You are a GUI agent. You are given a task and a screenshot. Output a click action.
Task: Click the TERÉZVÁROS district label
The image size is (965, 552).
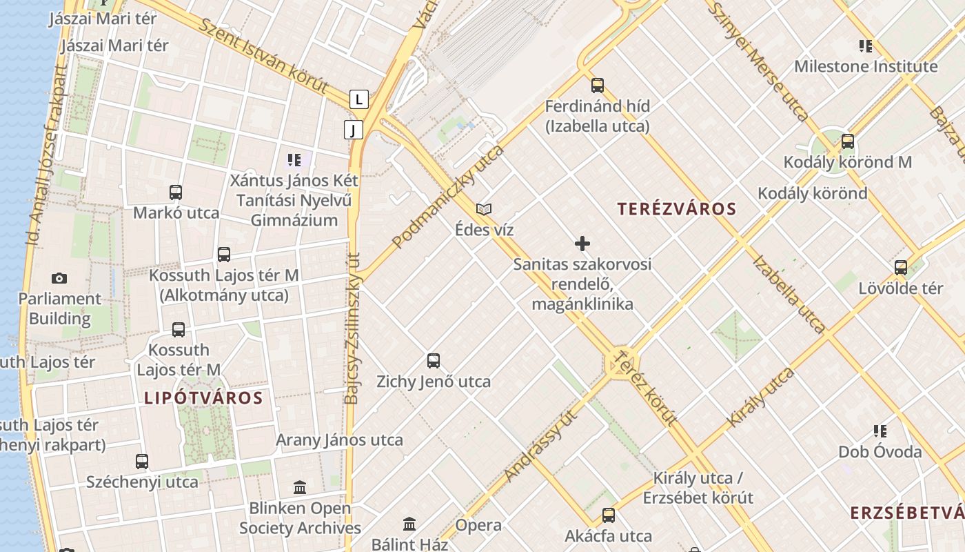coord(676,209)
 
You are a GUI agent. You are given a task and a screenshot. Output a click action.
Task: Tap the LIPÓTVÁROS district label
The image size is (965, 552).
coord(203,398)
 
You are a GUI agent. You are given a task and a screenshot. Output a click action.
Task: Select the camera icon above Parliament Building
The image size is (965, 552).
coord(59,278)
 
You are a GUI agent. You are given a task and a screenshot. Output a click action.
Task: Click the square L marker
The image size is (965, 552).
coord(358,99)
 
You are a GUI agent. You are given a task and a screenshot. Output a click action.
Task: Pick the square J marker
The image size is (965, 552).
coord(354,130)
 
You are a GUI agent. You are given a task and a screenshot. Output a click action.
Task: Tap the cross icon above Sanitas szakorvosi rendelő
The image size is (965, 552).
coord(582,244)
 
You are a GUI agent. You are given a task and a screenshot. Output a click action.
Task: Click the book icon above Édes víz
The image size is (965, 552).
coord(484,209)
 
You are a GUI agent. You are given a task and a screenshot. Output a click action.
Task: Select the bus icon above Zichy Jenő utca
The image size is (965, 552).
coord(433,360)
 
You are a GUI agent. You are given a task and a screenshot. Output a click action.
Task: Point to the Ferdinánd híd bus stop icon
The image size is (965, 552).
coord(598,86)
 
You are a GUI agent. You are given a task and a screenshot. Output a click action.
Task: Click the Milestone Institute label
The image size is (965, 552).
coord(866,67)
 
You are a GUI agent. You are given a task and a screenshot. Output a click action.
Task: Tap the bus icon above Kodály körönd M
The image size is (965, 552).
coord(847,141)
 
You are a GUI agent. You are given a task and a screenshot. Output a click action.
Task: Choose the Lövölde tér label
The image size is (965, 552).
coord(900,288)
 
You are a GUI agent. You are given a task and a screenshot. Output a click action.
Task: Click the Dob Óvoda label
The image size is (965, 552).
coord(880,452)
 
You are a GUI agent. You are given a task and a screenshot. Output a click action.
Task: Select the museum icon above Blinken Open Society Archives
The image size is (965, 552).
coord(300,488)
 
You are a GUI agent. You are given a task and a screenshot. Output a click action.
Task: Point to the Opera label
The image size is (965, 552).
coord(478,525)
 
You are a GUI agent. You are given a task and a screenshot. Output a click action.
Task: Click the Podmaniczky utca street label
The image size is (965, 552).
coord(448,197)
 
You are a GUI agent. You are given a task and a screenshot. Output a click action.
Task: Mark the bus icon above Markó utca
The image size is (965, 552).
coord(176,193)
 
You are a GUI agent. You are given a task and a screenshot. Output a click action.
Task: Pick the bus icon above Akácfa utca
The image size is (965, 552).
coord(608,515)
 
